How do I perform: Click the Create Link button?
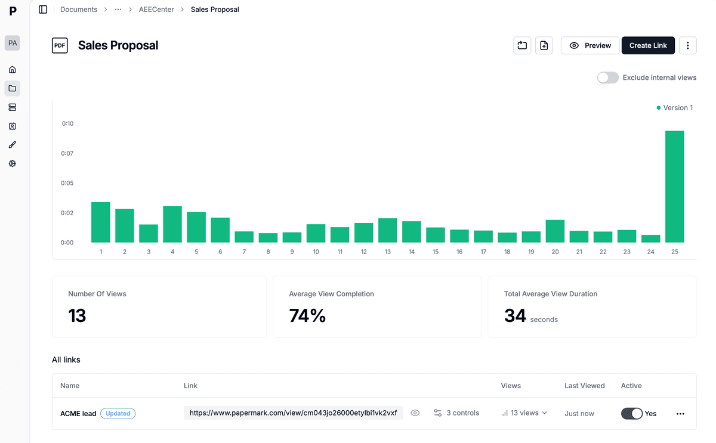648,45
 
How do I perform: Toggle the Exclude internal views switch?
608,78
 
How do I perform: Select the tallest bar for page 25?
674,187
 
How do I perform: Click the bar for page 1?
101,222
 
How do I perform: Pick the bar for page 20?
555,231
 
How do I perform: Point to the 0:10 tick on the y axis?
67,124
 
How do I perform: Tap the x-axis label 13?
388,252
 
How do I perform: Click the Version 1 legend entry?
675,108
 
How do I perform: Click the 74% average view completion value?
307,315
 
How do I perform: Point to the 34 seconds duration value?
516,315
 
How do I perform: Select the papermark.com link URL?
293,413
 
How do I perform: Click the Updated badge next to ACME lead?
118,413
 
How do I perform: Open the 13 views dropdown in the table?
524,413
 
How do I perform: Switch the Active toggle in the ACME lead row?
631,413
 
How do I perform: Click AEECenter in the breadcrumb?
156,10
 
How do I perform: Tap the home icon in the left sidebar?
12,70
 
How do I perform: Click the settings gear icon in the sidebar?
12,163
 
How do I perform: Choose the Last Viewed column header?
584,386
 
